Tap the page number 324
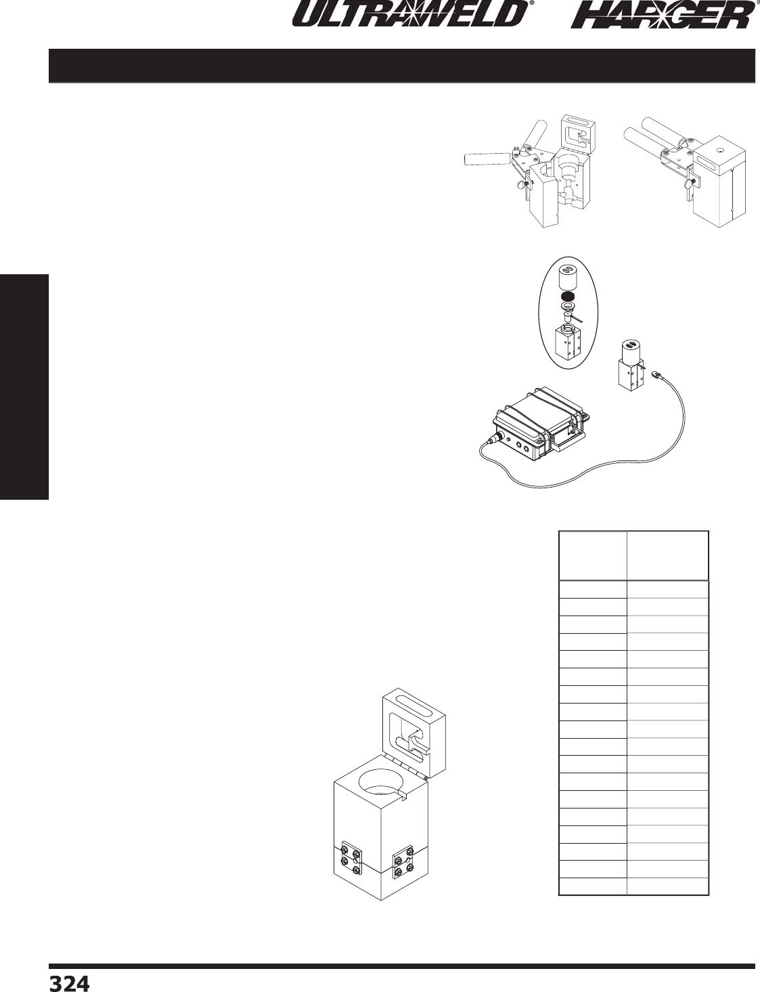pos(68,983)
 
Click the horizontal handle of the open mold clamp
pos(485,159)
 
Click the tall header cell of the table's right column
pos(668,556)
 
